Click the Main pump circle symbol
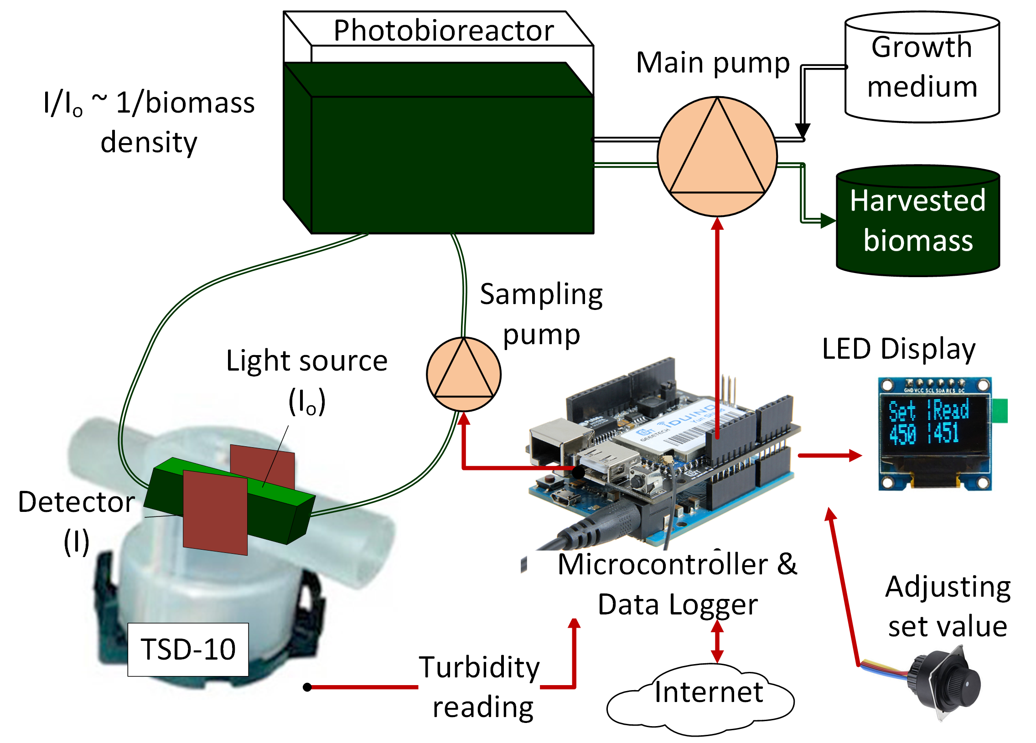pos(717,157)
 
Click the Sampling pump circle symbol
pos(464,375)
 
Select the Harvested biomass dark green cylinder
pos(918,222)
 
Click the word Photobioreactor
pos(444,31)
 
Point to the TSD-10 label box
pos(188,649)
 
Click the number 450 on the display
pos(902,434)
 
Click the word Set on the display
pos(902,411)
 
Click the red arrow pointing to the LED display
pos(829,455)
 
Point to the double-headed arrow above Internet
pos(717,642)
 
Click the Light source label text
pos(307,361)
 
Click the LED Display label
pos(898,349)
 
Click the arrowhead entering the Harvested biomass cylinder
pos(828,221)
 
